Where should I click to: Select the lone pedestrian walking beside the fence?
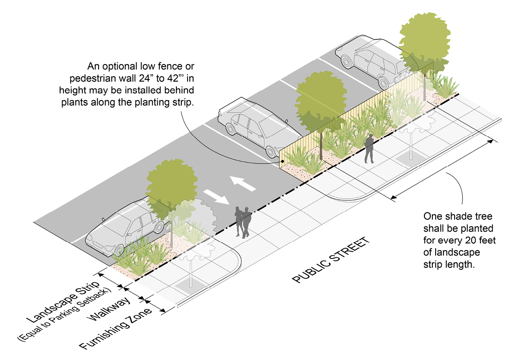pyautogui.click(x=369, y=149)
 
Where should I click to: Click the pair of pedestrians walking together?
pyautogui.click(x=243, y=221)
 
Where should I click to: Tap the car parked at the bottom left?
pyautogui.click(x=124, y=228)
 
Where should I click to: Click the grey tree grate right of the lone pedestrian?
pyautogui.click(x=410, y=159)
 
